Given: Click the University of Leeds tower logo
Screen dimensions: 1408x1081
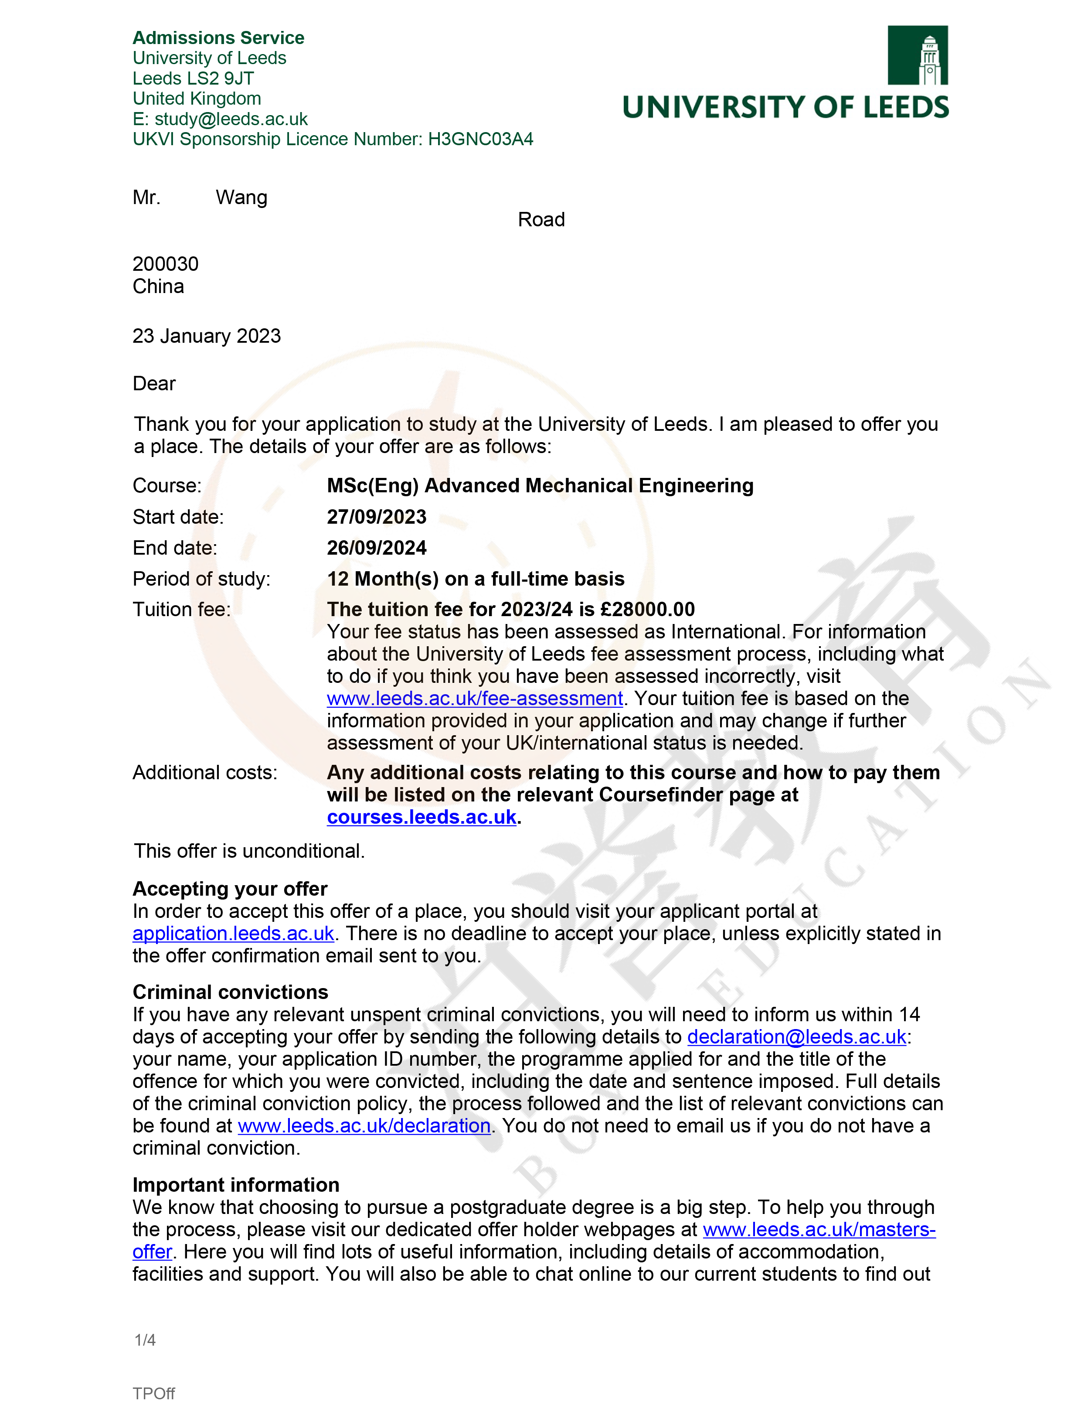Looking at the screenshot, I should (917, 55).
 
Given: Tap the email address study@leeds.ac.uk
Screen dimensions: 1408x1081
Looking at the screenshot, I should (231, 119).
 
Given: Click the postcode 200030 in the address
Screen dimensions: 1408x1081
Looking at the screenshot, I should (165, 264).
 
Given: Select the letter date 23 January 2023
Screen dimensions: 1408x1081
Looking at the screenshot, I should (207, 336).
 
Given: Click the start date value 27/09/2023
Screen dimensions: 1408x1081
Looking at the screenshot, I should (377, 517).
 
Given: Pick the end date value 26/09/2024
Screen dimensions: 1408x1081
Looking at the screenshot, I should (377, 548).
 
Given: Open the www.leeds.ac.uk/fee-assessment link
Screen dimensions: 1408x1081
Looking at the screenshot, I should (474, 698).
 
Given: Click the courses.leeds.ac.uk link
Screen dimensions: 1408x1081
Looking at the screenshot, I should (422, 817).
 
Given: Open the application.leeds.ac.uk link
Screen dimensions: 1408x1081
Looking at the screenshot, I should (233, 933).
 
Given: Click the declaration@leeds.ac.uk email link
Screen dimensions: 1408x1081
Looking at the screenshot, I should (797, 1036).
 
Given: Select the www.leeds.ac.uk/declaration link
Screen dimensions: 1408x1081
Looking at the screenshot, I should (364, 1125).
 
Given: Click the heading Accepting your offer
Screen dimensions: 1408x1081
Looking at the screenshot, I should (230, 889).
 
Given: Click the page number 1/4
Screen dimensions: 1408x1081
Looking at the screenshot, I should (145, 1340).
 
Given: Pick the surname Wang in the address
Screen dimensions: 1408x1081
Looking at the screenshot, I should (241, 198).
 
